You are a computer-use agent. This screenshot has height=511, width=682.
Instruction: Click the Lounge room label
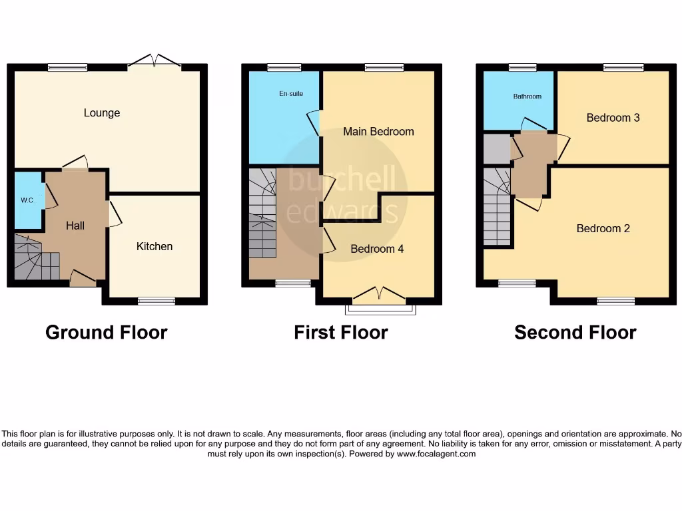tap(102, 113)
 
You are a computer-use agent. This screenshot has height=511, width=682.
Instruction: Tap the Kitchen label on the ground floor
tap(155, 246)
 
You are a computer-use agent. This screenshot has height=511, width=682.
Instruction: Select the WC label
tap(26, 200)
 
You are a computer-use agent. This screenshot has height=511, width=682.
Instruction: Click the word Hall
tap(75, 226)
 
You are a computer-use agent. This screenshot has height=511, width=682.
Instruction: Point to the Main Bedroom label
tap(378, 132)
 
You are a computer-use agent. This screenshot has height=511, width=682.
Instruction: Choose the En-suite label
tap(290, 94)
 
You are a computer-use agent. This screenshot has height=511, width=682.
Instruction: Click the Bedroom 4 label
tap(377, 249)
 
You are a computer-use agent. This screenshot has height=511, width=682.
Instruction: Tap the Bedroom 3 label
tap(613, 118)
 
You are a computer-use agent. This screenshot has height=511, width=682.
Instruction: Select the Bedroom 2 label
tap(603, 228)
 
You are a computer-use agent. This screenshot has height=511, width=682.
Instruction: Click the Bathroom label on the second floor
tap(527, 96)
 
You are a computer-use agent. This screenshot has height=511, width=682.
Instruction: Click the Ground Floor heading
tap(106, 332)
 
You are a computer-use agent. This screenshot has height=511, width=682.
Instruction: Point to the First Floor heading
tap(341, 332)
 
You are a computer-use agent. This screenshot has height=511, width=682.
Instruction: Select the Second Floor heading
tap(575, 332)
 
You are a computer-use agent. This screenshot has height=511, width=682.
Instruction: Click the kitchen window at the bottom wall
tap(157, 301)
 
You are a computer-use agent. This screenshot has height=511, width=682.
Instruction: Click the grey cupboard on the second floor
tap(496, 148)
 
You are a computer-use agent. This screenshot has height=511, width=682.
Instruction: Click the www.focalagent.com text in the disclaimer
tap(437, 454)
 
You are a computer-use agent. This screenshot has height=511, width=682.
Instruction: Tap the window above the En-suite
tap(284, 67)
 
